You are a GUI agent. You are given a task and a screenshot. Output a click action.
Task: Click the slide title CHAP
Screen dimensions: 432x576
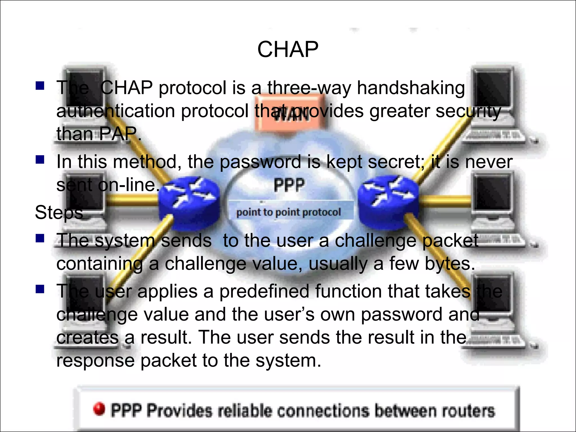(x=288, y=49)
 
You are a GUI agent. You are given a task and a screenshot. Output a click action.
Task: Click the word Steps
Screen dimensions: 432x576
(x=59, y=212)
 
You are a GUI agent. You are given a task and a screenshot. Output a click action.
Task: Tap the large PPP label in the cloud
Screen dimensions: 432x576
(x=289, y=186)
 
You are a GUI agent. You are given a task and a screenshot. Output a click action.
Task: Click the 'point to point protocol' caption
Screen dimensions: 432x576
(x=289, y=212)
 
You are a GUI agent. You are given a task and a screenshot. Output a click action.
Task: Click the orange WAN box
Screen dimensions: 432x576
(x=290, y=112)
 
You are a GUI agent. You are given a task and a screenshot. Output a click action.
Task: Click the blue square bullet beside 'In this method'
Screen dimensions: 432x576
(x=40, y=160)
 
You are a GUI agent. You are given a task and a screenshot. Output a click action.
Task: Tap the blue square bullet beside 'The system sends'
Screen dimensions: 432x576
(x=40, y=238)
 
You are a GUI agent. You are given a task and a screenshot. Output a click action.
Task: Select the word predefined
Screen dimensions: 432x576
(x=264, y=291)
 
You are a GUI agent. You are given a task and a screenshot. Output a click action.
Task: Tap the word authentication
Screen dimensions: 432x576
(x=115, y=111)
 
